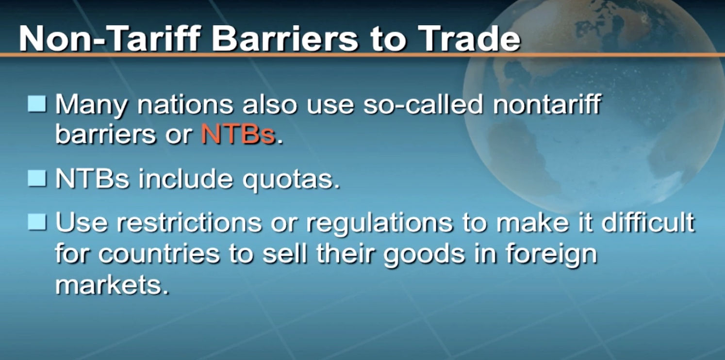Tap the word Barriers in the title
[285, 38]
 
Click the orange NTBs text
[238, 134]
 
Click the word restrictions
[189, 223]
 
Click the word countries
[159, 254]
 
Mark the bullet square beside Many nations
[37, 104]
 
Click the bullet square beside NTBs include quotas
[37, 179]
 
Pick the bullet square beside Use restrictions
[37, 222]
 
